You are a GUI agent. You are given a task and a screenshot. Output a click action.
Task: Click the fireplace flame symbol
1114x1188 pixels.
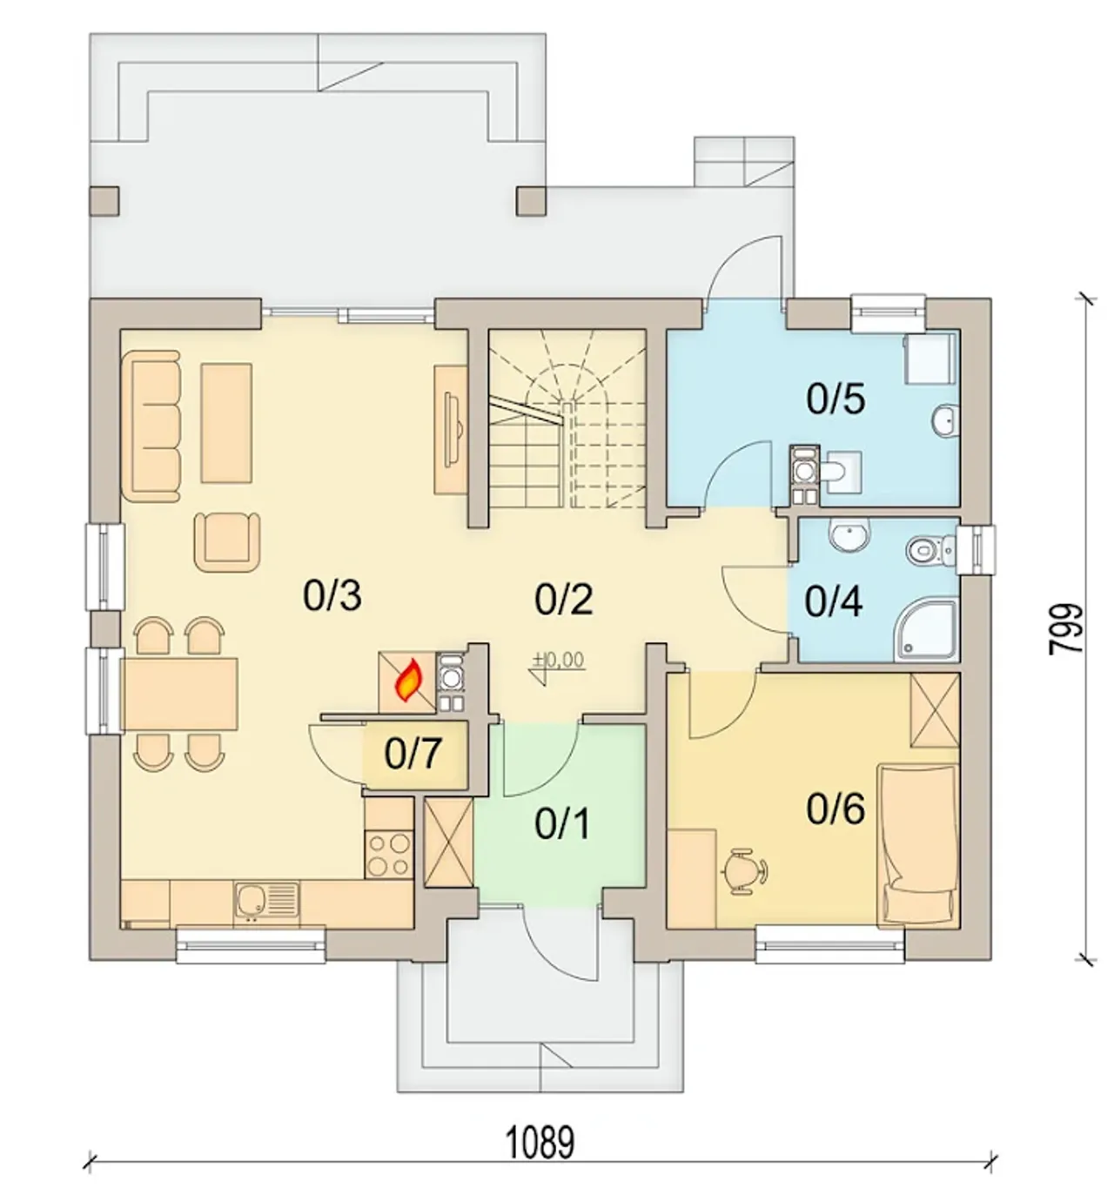[x=410, y=680]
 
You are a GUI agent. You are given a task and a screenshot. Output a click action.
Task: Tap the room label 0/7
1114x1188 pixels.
[x=413, y=754]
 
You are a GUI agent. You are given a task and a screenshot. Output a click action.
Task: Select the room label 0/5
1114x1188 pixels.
[x=835, y=399]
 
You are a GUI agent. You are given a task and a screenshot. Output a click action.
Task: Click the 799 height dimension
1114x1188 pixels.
[x=1066, y=628]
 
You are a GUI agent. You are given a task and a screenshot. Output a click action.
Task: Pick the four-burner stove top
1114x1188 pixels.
[x=389, y=856]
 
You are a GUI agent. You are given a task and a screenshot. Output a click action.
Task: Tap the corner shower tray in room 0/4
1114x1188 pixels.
[x=927, y=632]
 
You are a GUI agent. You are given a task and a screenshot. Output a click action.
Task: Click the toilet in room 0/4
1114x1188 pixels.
[x=930, y=550]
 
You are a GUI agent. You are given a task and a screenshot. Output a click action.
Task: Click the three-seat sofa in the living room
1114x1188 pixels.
[x=151, y=426]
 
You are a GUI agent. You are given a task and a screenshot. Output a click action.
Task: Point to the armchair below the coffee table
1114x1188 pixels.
[x=227, y=542]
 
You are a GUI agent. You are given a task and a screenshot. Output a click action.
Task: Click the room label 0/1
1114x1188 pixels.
[x=562, y=823]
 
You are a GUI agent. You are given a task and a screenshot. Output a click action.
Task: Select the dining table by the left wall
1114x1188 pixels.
[x=179, y=695]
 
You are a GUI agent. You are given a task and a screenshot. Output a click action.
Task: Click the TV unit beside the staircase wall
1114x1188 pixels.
[x=451, y=430]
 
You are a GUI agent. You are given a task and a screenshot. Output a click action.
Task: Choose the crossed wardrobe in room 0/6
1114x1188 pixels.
[x=935, y=710]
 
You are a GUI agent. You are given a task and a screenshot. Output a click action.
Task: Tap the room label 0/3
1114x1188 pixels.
[x=332, y=596]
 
